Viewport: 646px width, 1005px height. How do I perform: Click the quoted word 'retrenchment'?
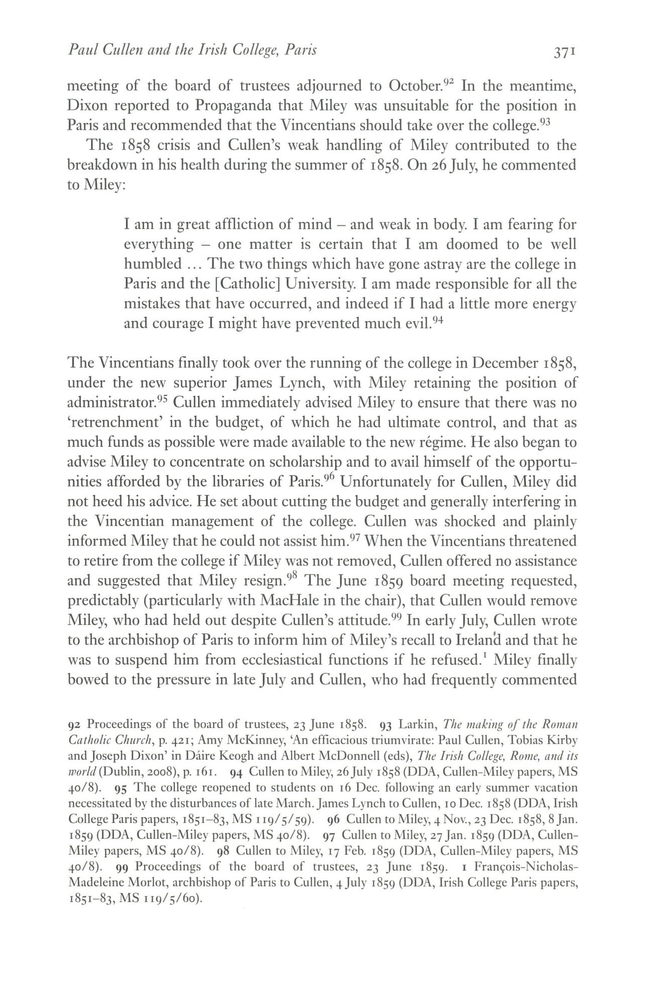pos(117,423)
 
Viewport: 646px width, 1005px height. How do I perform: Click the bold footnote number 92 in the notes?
pos(74,725)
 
